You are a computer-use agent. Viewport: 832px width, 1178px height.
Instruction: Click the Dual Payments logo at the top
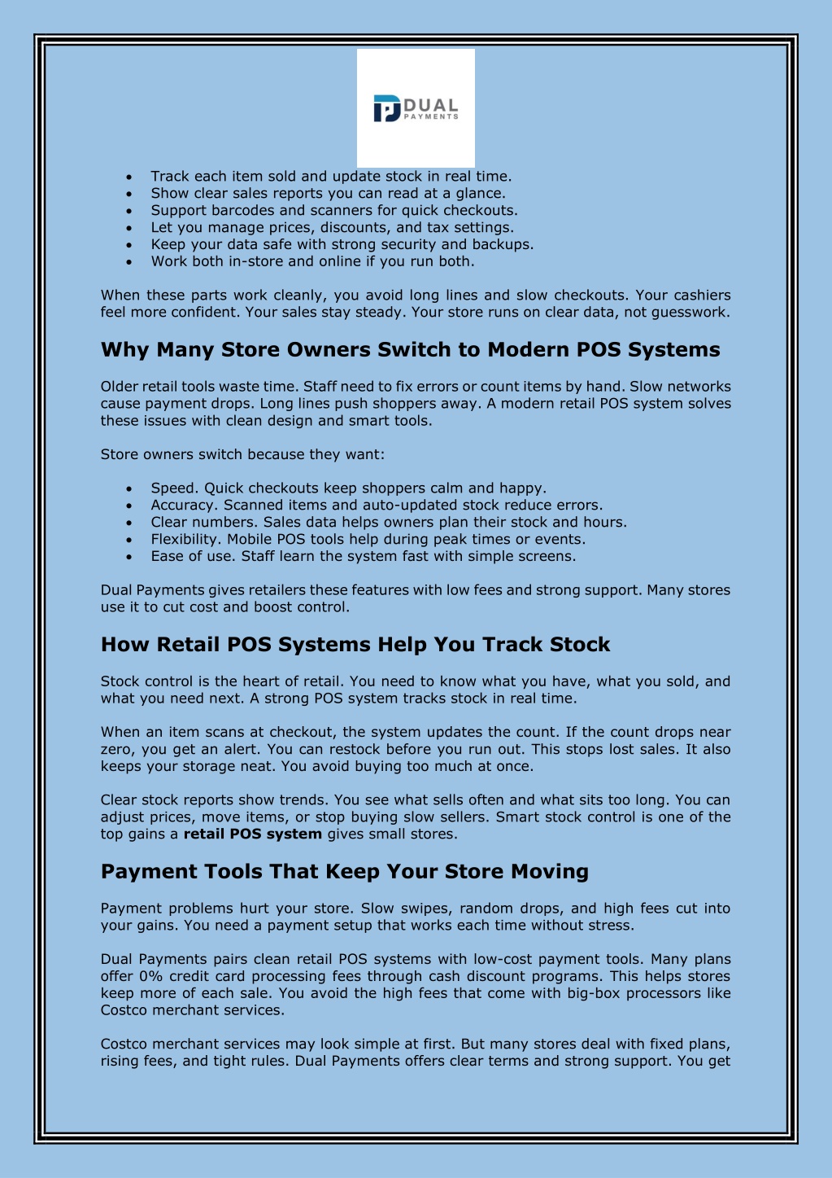coord(416,108)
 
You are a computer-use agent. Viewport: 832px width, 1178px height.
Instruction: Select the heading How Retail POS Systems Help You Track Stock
coord(355,645)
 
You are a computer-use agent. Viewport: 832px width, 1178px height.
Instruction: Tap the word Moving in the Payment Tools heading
coord(550,872)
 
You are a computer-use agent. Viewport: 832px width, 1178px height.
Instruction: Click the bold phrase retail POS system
coord(253,834)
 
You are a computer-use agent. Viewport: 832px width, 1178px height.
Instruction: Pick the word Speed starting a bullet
coord(172,488)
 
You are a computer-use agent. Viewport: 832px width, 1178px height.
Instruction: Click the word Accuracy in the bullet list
coord(183,506)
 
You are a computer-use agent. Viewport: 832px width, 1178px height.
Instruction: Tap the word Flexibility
coord(185,540)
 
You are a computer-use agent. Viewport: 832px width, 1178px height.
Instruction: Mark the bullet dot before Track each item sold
coord(129,177)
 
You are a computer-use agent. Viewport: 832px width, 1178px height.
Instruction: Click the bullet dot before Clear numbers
coord(129,523)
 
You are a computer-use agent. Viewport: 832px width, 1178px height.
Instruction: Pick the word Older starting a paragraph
coord(120,387)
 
